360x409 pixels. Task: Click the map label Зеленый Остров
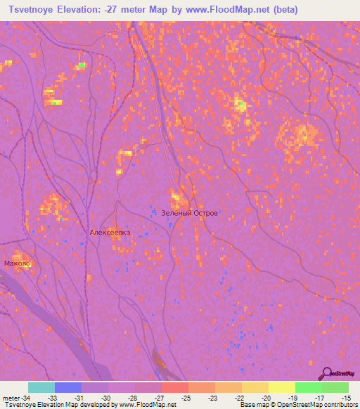coord(185,212)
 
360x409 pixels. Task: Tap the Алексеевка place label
coord(110,232)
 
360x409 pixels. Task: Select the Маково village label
coord(18,264)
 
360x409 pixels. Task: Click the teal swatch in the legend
coord(41,387)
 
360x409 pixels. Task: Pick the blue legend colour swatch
coord(68,387)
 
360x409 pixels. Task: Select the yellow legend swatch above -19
coord(282,387)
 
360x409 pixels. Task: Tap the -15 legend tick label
coord(348,398)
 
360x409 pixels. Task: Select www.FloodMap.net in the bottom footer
coord(148,405)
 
